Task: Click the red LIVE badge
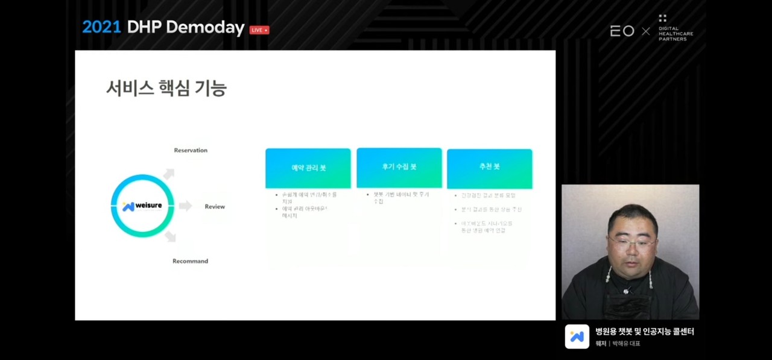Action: point(259,30)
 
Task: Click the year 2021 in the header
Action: point(101,27)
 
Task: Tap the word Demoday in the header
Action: point(205,28)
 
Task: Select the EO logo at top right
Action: point(622,31)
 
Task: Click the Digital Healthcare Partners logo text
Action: point(675,33)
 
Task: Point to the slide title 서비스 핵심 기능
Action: point(166,89)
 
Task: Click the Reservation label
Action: point(191,150)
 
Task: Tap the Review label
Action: point(214,207)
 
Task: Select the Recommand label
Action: point(190,261)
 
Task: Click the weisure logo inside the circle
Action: point(142,206)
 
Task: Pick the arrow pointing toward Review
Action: point(185,206)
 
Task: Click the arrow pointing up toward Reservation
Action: point(169,174)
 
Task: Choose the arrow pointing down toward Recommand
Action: point(170,236)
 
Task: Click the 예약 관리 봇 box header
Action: point(308,168)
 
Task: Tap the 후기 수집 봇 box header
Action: point(399,167)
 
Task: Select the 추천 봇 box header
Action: point(489,167)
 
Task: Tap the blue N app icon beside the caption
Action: point(577,336)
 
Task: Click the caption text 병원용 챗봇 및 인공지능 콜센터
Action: point(645,332)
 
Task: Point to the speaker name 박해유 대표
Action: point(626,344)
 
